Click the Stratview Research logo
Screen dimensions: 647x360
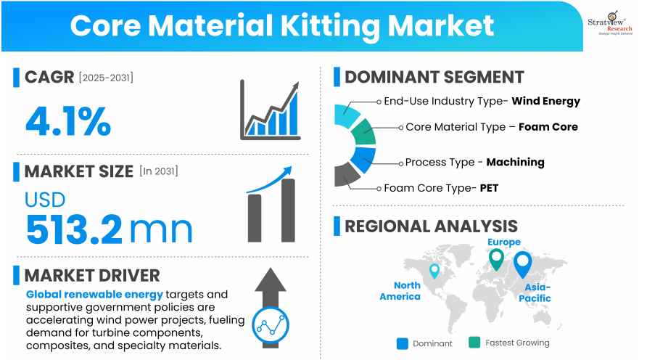click(x=610, y=23)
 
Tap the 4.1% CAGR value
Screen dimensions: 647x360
click(x=68, y=121)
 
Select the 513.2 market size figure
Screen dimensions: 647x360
click(x=74, y=229)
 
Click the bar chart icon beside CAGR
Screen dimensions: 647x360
click(x=271, y=110)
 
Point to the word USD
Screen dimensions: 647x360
click(x=45, y=200)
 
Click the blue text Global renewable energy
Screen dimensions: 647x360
click(x=94, y=295)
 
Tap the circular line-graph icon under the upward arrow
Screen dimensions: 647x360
click(x=271, y=326)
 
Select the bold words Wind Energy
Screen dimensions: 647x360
click(x=546, y=101)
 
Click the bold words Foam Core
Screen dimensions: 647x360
click(x=548, y=127)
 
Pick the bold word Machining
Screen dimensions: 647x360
click(x=516, y=163)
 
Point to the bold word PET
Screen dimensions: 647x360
click(x=490, y=188)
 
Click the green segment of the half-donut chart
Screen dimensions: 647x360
click(x=363, y=132)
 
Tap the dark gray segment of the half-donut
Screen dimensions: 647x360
click(x=347, y=174)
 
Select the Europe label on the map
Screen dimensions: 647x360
click(x=504, y=242)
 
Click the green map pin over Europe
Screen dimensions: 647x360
click(x=496, y=259)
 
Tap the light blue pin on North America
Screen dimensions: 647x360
click(x=434, y=271)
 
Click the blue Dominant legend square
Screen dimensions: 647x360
click(x=403, y=343)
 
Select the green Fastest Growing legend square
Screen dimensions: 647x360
click(x=474, y=343)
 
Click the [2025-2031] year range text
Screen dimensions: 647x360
click(x=106, y=78)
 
